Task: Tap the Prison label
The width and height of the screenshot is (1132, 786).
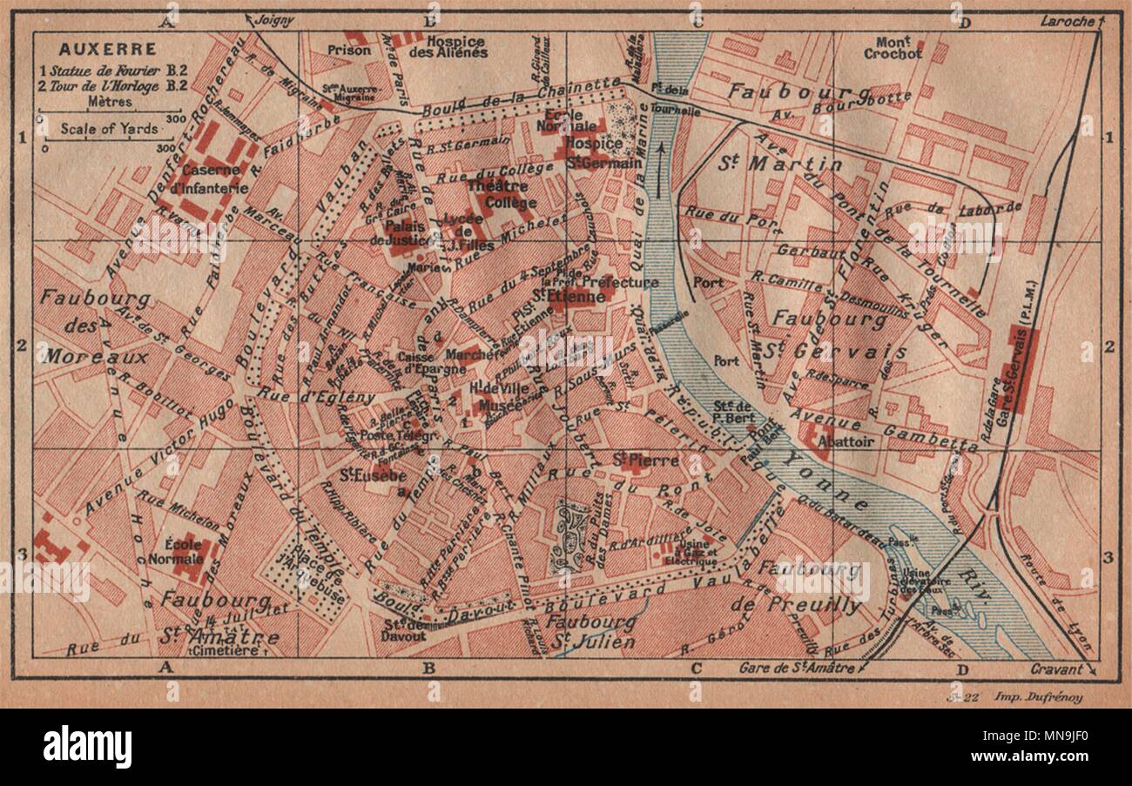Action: coord(348,50)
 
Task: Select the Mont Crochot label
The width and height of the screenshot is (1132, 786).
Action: coord(893,47)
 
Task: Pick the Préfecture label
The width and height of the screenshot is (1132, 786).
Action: coord(619,282)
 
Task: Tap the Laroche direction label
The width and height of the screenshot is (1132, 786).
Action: coord(1064,19)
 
